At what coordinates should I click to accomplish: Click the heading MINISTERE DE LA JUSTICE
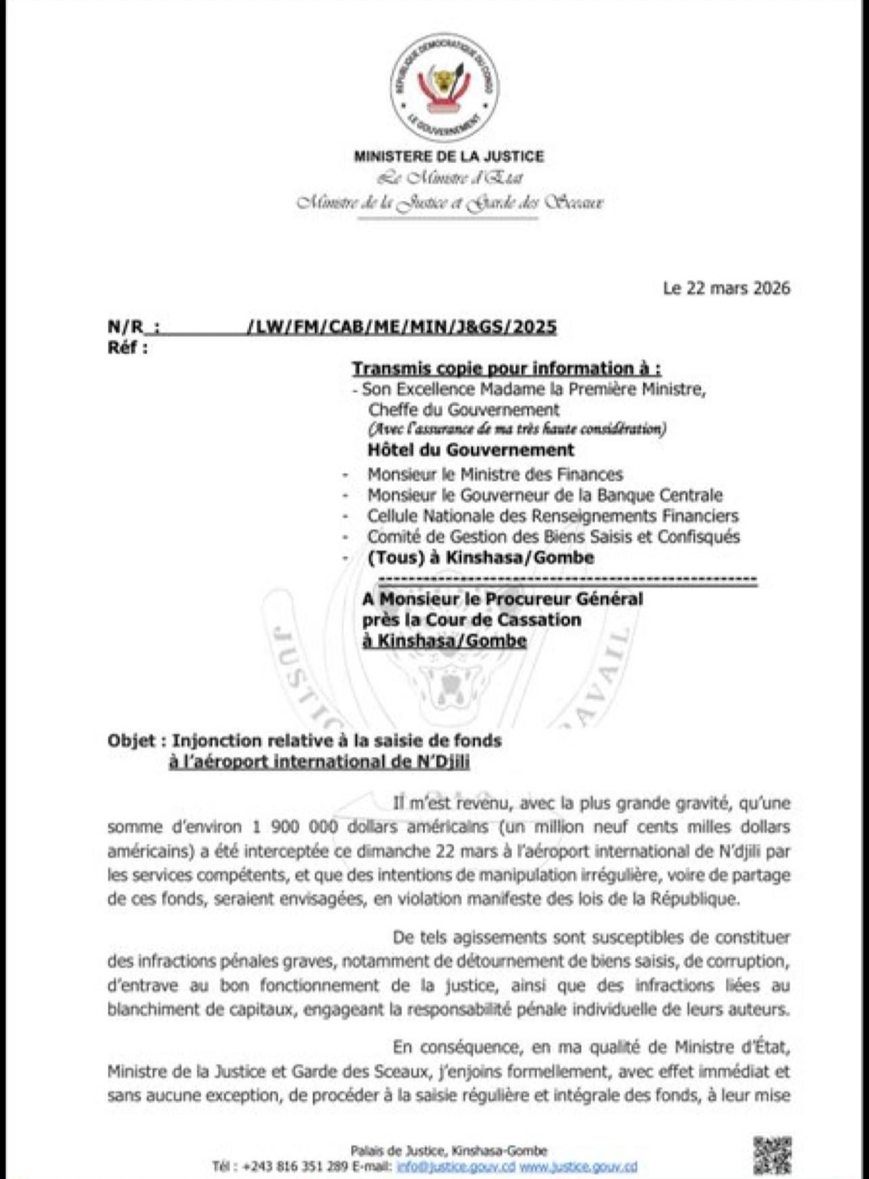tap(449, 156)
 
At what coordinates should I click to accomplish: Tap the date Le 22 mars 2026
tap(726, 288)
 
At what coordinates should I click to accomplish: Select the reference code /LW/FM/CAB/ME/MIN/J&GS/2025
tap(402, 327)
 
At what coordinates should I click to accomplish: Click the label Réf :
tap(127, 348)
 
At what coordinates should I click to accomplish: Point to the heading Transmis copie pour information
tap(506, 368)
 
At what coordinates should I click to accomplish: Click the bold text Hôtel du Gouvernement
tap(470, 449)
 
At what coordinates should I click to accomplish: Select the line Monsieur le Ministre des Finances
tap(495, 474)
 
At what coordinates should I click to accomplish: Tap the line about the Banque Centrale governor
tap(545, 495)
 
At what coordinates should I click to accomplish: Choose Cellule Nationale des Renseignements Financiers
tap(552, 516)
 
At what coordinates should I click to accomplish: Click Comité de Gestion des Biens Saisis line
tap(554, 537)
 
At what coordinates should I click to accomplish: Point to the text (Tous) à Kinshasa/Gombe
tap(481, 558)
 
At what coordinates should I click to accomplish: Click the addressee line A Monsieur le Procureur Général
tap(502, 599)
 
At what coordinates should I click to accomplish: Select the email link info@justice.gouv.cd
tap(456, 1167)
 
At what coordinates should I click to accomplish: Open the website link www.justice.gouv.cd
tap(578, 1167)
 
